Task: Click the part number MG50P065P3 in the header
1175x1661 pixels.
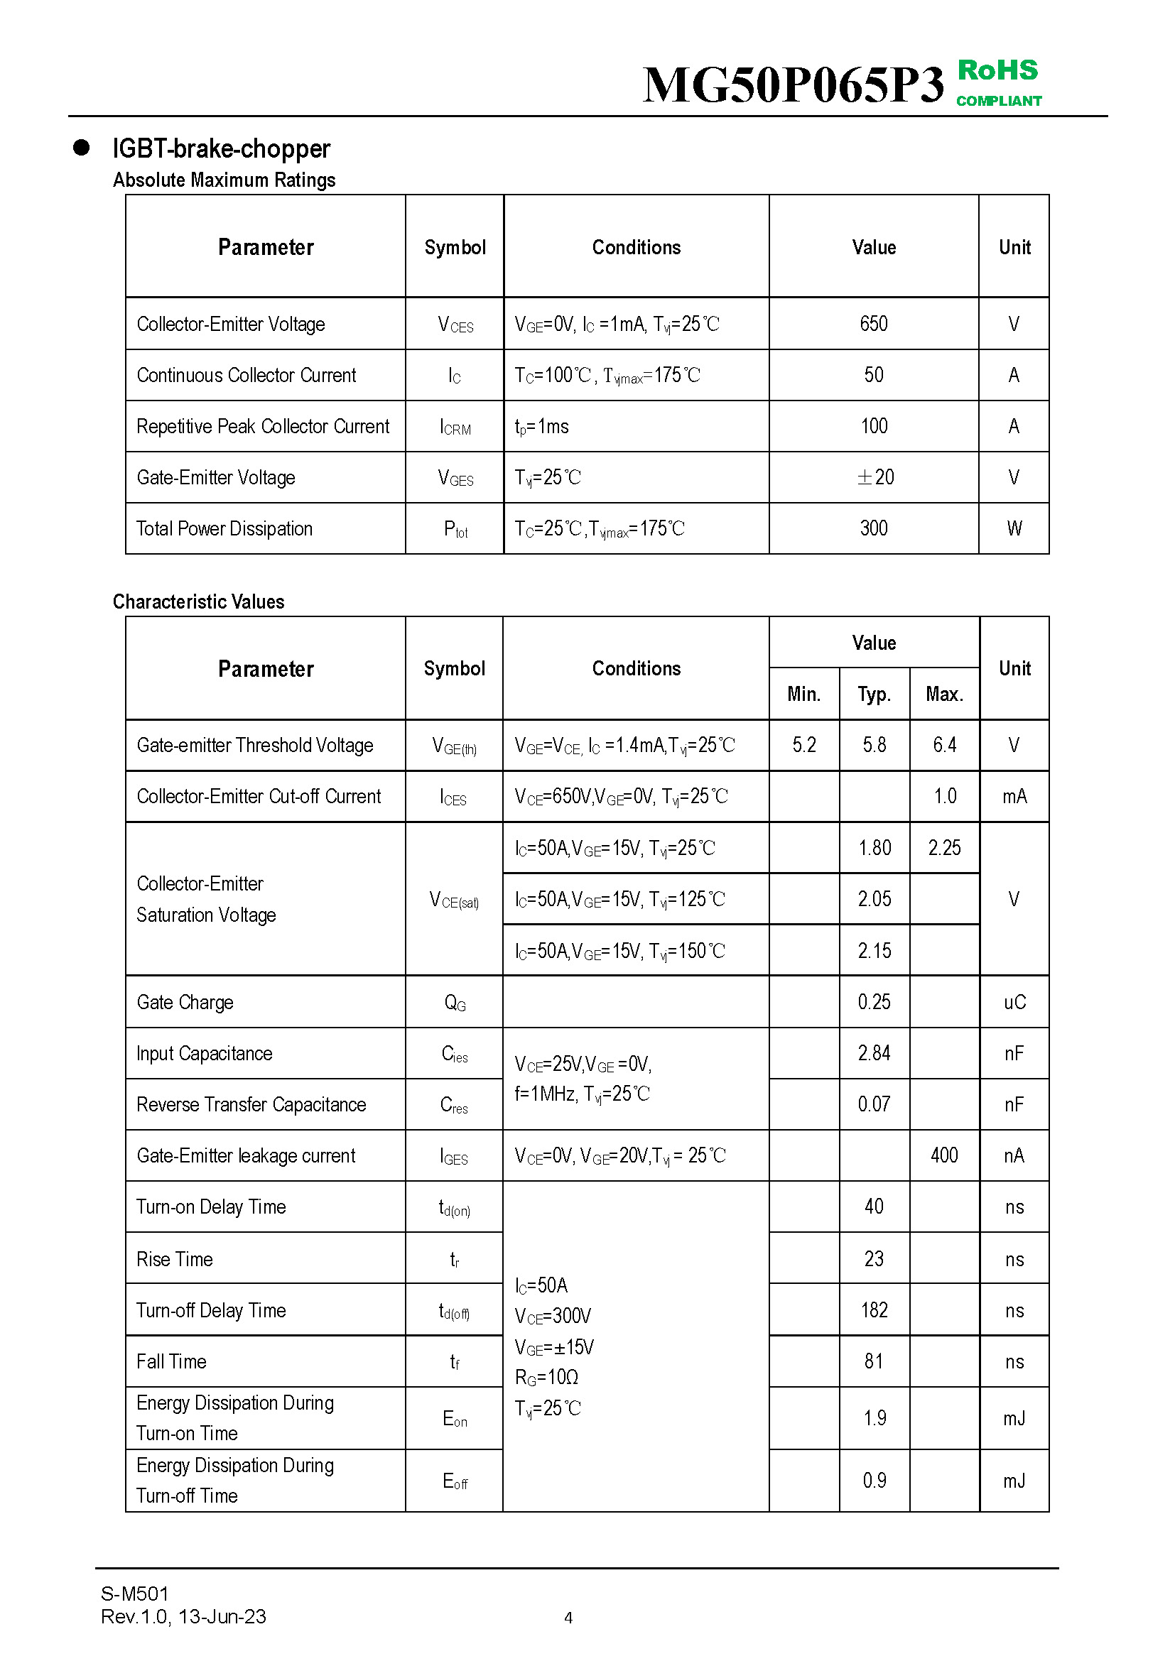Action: pos(793,85)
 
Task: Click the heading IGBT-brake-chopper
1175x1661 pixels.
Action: pos(221,148)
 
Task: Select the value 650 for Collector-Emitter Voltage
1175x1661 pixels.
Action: pos(873,323)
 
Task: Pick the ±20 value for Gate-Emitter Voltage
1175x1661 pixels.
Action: pos(875,476)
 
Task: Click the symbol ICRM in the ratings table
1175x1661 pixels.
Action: pos(455,427)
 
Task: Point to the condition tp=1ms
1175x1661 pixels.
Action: pos(542,427)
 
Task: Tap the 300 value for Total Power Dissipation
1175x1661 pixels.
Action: pos(873,528)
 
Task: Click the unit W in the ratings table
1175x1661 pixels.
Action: pos(1014,528)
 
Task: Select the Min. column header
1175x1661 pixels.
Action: pos(804,694)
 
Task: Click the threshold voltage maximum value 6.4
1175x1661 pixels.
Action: pos(944,744)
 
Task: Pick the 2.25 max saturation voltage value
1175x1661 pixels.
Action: pos(944,847)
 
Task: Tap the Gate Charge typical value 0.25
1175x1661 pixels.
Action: pos(874,1002)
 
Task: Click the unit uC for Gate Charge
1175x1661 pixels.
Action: pos(1014,1002)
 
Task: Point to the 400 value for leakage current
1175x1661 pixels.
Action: pos(944,1155)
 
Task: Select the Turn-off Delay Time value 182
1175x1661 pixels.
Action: pos(874,1309)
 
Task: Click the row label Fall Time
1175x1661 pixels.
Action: pos(171,1361)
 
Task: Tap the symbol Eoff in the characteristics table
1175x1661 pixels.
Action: pos(455,1481)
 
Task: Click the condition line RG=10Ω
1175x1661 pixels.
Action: pos(546,1377)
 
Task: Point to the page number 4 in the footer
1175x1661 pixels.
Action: pos(568,1617)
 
